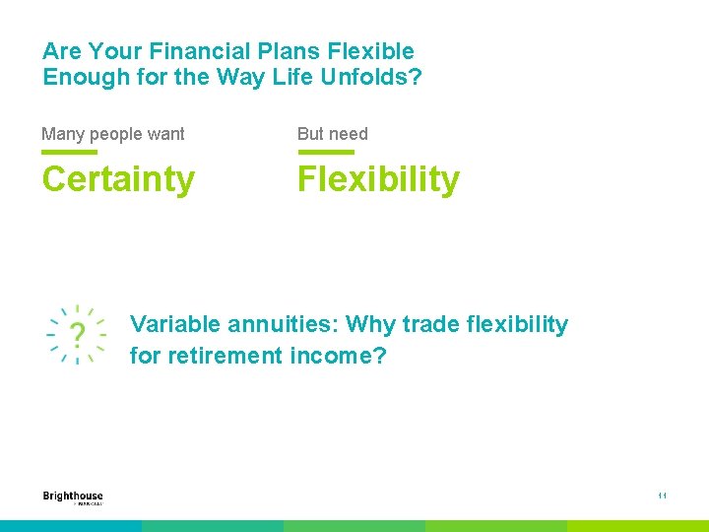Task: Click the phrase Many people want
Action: pyautogui.click(x=113, y=134)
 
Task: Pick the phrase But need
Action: pyautogui.click(x=333, y=134)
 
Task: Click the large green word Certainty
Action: pyautogui.click(x=118, y=180)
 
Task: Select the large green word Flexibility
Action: pyautogui.click(x=378, y=180)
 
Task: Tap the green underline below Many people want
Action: pyautogui.click(x=69, y=153)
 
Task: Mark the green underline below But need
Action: pyautogui.click(x=325, y=153)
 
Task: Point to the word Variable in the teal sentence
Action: pyautogui.click(x=175, y=325)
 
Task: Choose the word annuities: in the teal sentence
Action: pyautogui.click(x=284, y=325)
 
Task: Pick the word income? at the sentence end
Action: pyautogui.click(x=338, y=356)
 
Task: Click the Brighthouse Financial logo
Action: pyautogui.click(x=73, y=498)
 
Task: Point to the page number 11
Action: pyautogui.click(x=663, y=497)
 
